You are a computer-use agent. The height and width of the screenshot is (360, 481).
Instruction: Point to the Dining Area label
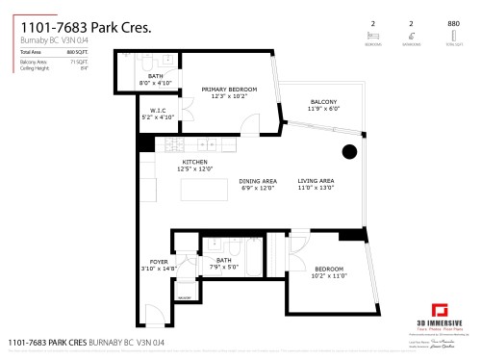tap(258, 181)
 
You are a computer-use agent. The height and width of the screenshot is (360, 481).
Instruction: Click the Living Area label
tap(315, 181)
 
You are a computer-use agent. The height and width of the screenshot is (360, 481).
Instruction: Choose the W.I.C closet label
tap(159, 111)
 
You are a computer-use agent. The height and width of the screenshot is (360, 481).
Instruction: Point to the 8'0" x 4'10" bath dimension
tap(156, 82)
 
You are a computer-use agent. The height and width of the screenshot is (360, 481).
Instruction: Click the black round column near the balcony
tap(350, 152)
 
